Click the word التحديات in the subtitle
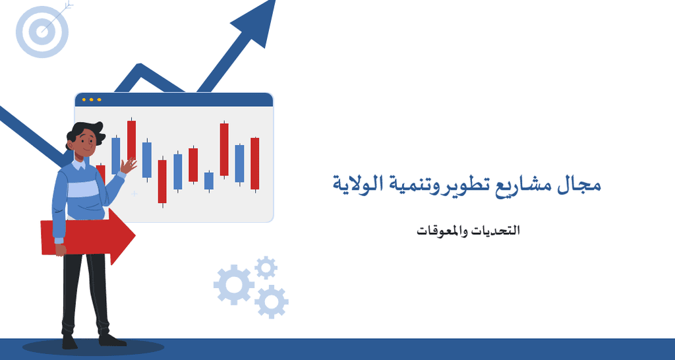pyautogui.click(x=501, y=230)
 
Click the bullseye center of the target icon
pyautogui.click(x=42, y=31)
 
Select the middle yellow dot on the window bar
pyautogui.click(x=91, y=100)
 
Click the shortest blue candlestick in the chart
pyautogui.click(x=209, y=181)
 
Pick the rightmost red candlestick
pyautogui.click(x=255, y=164)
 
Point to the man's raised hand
pyautogui.click(x=128, y=165)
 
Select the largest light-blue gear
pyautogui.click(x=234, y=285)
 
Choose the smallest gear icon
pyautogui.click(x=266, y=268)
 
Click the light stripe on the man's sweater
pyautogui.click(x=84, y=189)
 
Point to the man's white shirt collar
pyautogui.click(x=79, y=164)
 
